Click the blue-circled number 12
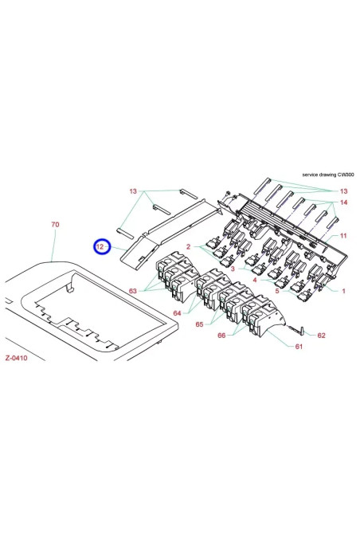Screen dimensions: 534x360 [x=100, y=248]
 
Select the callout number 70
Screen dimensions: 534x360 [x=55, y=226]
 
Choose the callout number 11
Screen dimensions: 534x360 [x=343, y=237]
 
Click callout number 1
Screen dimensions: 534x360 [x=343, y=292]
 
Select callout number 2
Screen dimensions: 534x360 [x=188, y=247]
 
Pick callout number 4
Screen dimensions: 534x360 [x=255, y=281]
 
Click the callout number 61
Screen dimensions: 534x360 [x=298, y=347]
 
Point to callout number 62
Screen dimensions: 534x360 [x=321, y=336]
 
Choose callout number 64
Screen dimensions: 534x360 [x=177, y=313]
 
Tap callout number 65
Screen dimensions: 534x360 [x=201, y=325]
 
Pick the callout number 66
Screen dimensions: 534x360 [x=221, y=336]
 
